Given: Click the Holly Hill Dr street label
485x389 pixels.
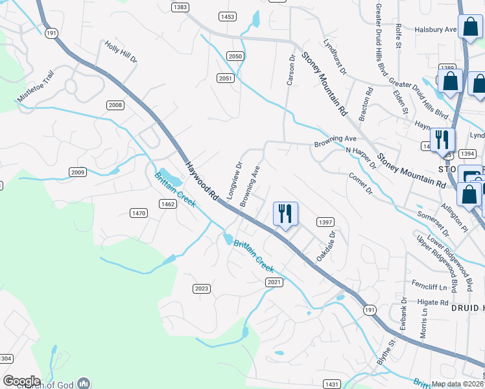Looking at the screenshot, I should point(121,52).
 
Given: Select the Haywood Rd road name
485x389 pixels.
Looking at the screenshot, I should point(204,180).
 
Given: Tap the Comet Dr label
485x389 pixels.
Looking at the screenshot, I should point(361,183).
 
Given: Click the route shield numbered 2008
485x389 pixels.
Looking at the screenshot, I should point(115,105).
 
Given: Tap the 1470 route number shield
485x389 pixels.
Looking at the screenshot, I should point(139,213).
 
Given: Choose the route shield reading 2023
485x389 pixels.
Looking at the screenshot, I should point(202,289).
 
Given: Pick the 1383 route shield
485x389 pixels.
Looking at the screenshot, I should point(180,7).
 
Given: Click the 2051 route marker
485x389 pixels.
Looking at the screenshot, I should point(225,78).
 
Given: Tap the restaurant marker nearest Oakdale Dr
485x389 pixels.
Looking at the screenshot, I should point(285,213).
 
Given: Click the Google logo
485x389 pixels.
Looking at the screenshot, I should point(21,381).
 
